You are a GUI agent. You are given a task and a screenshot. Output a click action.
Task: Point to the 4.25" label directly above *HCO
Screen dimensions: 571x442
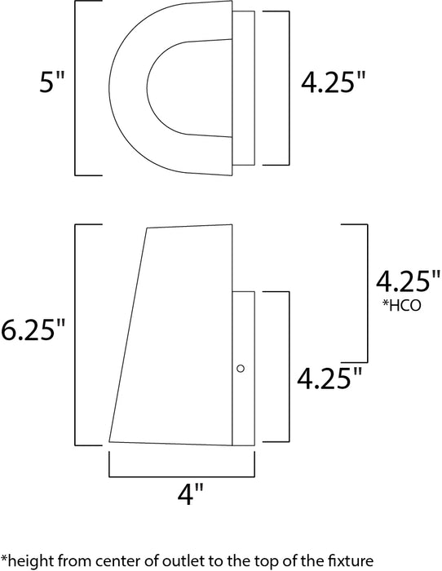tap(402, 281)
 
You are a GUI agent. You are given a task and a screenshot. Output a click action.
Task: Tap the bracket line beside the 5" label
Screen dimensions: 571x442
tap(76, 90)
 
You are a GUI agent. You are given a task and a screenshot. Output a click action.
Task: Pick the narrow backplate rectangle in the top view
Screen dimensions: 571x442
tap(243, 87)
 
